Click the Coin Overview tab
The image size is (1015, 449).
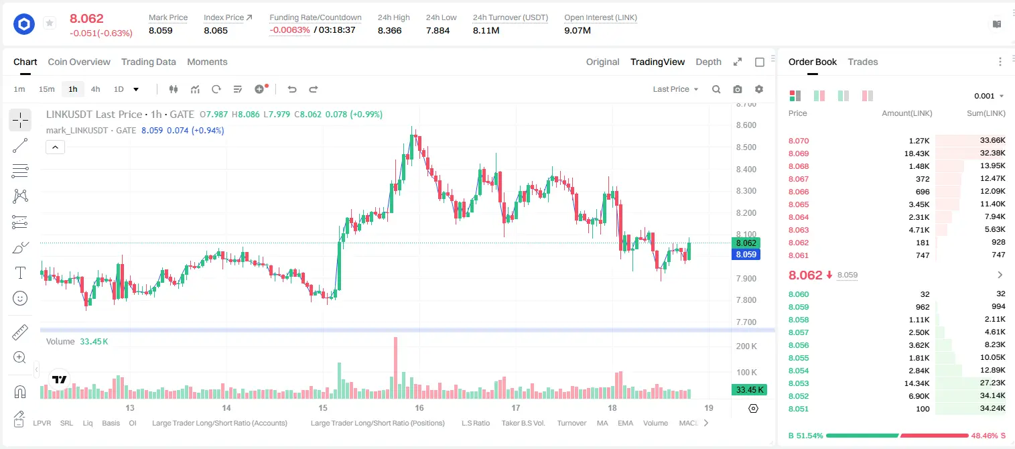[x=79, y=62]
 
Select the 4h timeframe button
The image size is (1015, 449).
[x=95, y=89]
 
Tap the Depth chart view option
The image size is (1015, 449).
[x=708, y=62]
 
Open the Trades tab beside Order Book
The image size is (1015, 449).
[x=863, y=62]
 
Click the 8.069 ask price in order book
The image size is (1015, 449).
[x=799, y=153]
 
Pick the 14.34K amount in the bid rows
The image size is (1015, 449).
[x=917, y=383]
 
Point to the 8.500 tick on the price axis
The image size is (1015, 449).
[x=746, y=147]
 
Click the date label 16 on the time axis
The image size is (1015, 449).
[x=419, y=407]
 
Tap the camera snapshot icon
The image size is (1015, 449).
[x=738, y=89]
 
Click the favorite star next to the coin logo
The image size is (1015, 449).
[x=50, y=23]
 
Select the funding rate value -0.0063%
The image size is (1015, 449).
[x=289, y=30]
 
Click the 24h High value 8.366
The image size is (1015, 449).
[x=390, y=30]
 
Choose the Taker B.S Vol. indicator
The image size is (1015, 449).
[x=523, y=423]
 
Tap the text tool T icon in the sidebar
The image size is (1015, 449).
[x=20, y=273]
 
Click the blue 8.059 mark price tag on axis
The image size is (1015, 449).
[x=746, y=255]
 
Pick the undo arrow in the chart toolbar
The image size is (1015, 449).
[x=292, y=89]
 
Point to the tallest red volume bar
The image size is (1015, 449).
[x=395, y=368]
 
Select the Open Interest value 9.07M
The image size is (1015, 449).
[x=578, y=30]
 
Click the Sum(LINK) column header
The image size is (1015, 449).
[x=986, y=113]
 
